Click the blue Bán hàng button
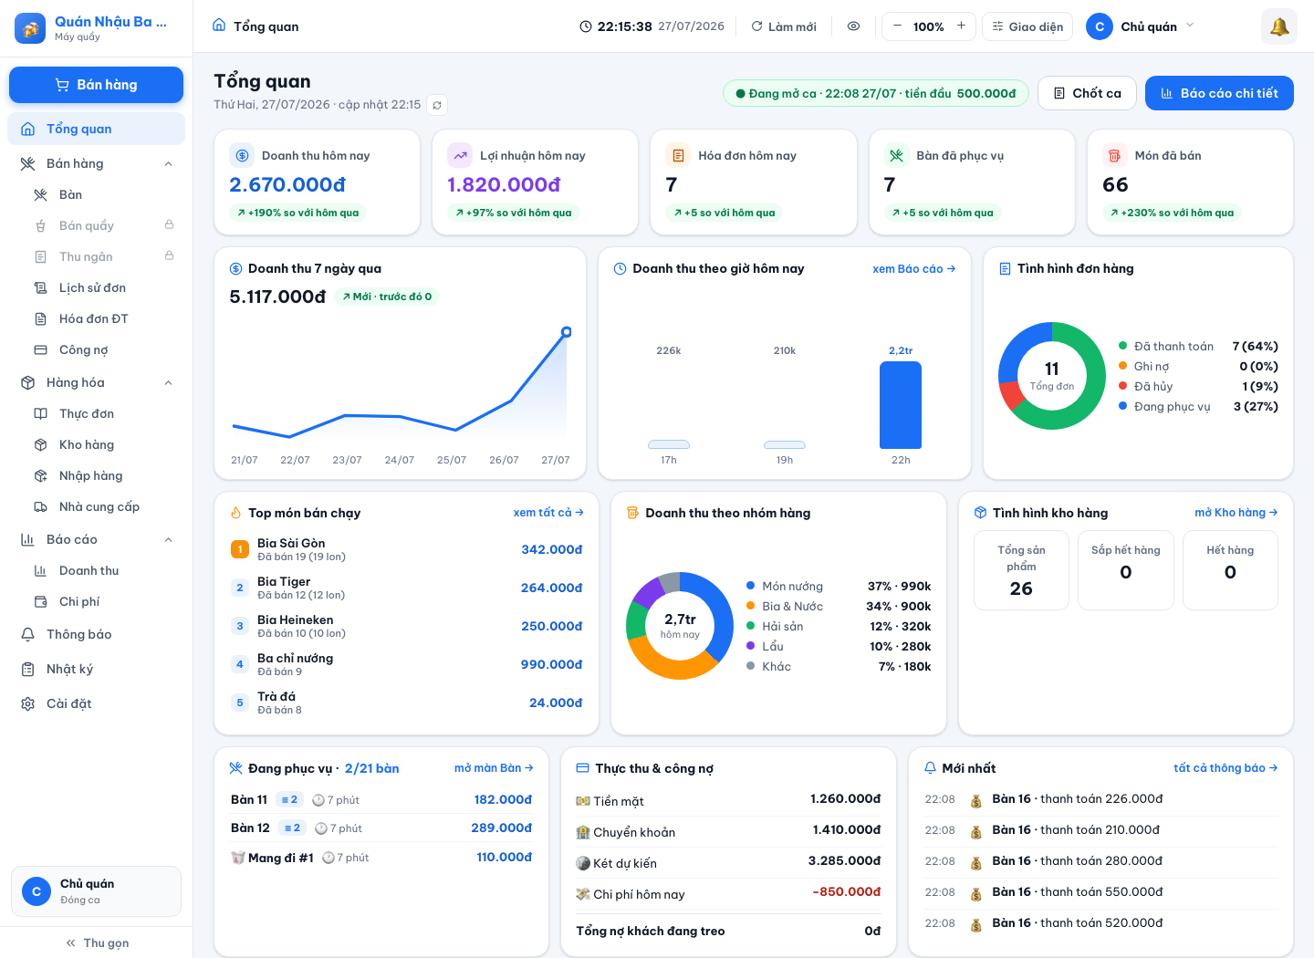tap(96, 85)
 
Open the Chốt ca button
tap(1087, 93)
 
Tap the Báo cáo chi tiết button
tap(1219, 93)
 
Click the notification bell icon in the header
tap(1278, 26)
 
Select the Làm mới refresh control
tap(784, 26)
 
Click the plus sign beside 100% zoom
tap(961, 26)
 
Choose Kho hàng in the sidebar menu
tap(86, 444)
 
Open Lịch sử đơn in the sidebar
tap(92, 287)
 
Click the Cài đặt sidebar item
tap(68, 703)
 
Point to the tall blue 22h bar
tap(901, 405)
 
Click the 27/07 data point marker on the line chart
tap(566, 332)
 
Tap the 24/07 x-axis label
tap(399, 460)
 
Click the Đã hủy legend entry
tap(1152, 386)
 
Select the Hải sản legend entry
tap(782, 626)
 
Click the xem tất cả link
tap(547, 512)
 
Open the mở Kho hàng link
tap(1236, 512)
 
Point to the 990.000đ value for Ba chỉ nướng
tap(551, 664)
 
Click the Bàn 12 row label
tap(250, 828)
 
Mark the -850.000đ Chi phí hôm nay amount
tap(846, 891)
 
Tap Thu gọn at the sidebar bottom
tap(97, 942)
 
